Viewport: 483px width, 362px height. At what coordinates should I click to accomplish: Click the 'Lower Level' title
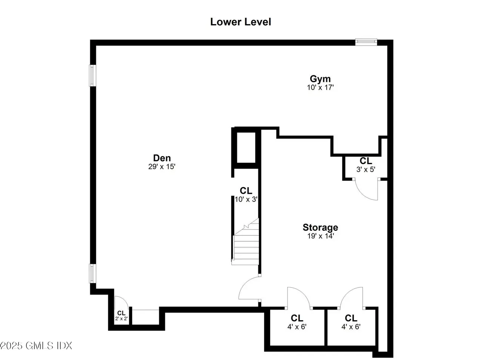240,22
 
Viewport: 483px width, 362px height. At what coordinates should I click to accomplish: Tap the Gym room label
320,79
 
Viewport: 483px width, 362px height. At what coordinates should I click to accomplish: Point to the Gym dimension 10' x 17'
320,87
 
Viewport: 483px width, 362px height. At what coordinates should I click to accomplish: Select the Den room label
162,158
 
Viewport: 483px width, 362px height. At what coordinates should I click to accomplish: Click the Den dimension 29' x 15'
162,167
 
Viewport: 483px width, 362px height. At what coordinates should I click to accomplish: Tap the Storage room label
320,227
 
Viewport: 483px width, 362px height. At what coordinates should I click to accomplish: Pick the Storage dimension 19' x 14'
321,236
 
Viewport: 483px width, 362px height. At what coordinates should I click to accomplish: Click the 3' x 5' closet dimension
366,169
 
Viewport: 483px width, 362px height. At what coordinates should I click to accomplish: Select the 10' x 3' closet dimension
246,199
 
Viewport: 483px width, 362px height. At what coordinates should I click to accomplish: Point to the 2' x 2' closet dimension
121,319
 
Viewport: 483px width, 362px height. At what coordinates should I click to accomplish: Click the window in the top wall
366,42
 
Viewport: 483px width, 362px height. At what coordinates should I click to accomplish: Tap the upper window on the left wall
92,75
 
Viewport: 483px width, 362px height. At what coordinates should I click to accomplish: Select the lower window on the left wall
92,273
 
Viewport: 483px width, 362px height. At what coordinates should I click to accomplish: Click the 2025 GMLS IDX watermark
36,346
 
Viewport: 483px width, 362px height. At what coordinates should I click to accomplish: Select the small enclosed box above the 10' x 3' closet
246,147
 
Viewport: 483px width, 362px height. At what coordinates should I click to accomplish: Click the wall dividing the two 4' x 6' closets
326,327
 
